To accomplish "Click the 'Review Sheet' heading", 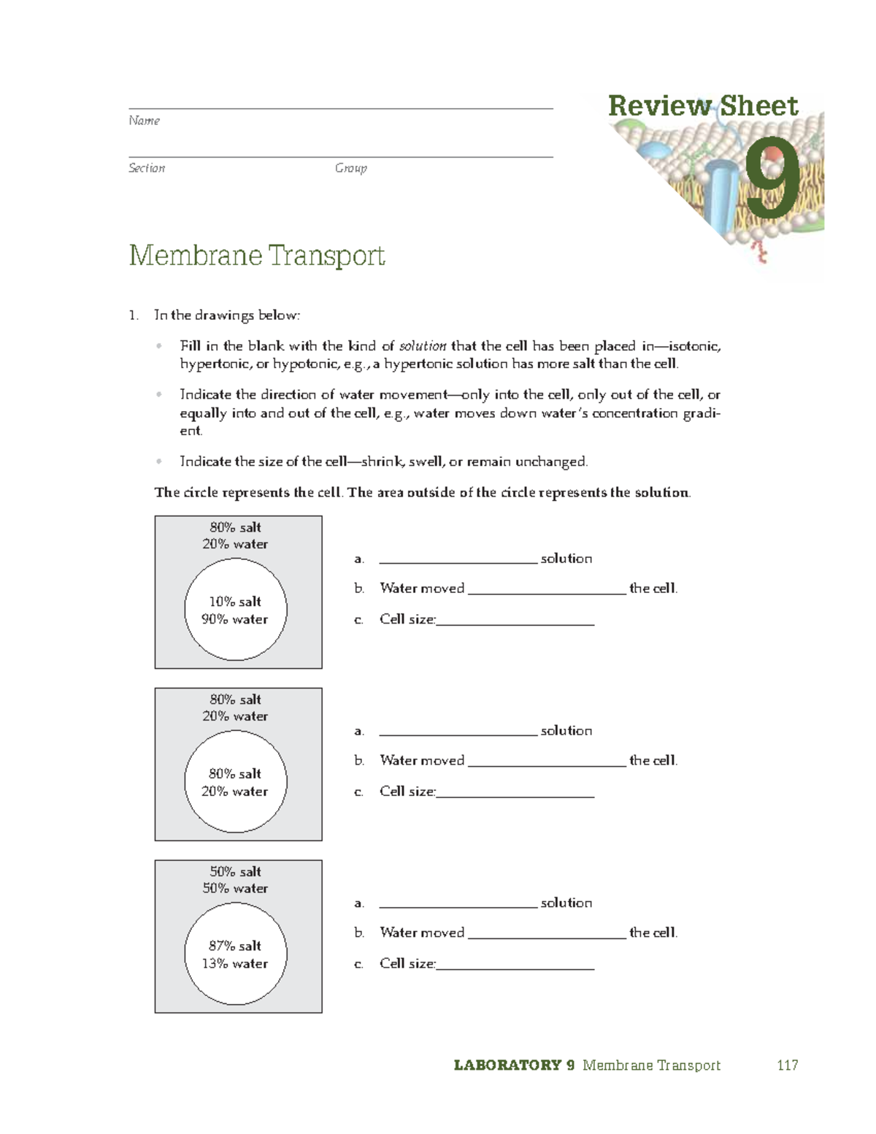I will (x=702, y=106).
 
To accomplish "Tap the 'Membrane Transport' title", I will (x=257, y=256).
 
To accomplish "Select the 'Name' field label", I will (x=144, y=120).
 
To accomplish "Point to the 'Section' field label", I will (x=147, y=168).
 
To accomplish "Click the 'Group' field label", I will (x=350, y=168).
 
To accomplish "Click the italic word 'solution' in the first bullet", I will (x=423, y=346).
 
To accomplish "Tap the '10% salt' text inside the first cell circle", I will (x=235, y=602).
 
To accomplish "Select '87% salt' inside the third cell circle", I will (x=235, y=946).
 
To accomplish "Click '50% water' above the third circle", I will (x=235, y=889).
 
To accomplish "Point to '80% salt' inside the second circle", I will (x=235, y=773).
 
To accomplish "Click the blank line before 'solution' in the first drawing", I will (x=458, y=559).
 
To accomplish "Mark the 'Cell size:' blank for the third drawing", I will (x=515, y=965).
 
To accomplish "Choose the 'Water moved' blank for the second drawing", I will (x=547, y=762).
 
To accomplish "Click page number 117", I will (x=787, y=1065).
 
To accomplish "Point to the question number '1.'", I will (x=133, y=315).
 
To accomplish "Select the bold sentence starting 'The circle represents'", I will (x=422, y=492).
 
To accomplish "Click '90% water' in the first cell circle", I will (x=235, y=619).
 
